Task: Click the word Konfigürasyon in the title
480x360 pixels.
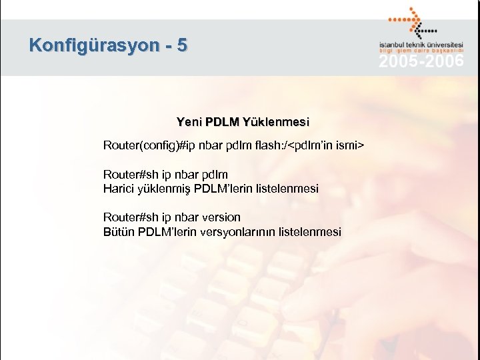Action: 94,46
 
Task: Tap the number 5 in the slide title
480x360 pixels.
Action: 183,46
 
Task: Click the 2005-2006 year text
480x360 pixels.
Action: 421,62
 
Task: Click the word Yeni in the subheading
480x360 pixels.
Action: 189,122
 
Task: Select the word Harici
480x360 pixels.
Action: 119,189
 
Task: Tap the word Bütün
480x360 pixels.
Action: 119,232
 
